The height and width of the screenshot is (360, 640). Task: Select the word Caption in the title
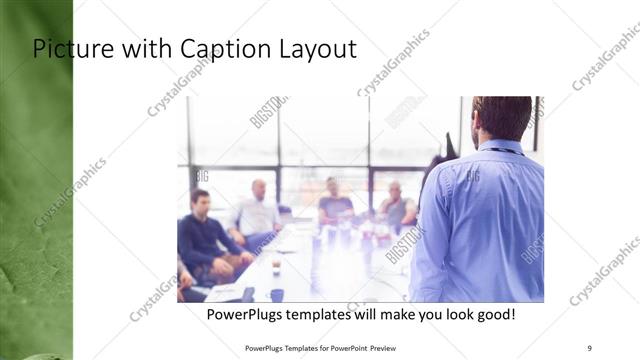point(216,48)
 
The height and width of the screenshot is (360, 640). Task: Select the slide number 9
point(589,347)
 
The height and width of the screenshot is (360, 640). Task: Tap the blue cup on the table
point(277,294)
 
